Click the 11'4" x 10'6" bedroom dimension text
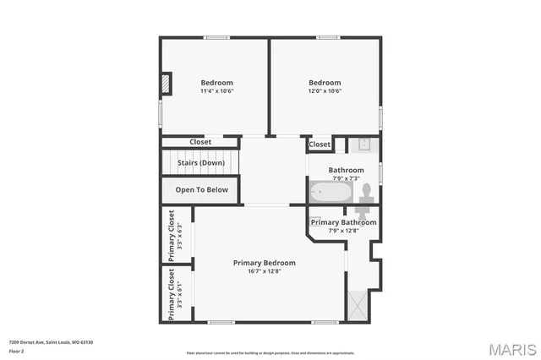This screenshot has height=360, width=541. (216, 90)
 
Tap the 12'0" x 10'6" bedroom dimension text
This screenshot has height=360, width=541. (324, 90)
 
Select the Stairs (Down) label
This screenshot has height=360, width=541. (200, 162)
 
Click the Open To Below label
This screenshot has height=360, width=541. (201, 190)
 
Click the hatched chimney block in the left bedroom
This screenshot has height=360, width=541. (167, 84)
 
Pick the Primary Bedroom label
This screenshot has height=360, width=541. (265, 263)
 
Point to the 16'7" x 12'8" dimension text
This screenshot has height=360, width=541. (265, 271)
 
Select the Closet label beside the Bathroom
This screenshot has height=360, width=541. (320, 145)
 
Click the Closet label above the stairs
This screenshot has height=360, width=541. (200, 142)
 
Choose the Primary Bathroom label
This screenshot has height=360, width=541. (343, 222)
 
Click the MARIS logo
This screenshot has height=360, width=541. (511, 348)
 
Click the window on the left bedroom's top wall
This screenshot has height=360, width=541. (216, 37)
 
